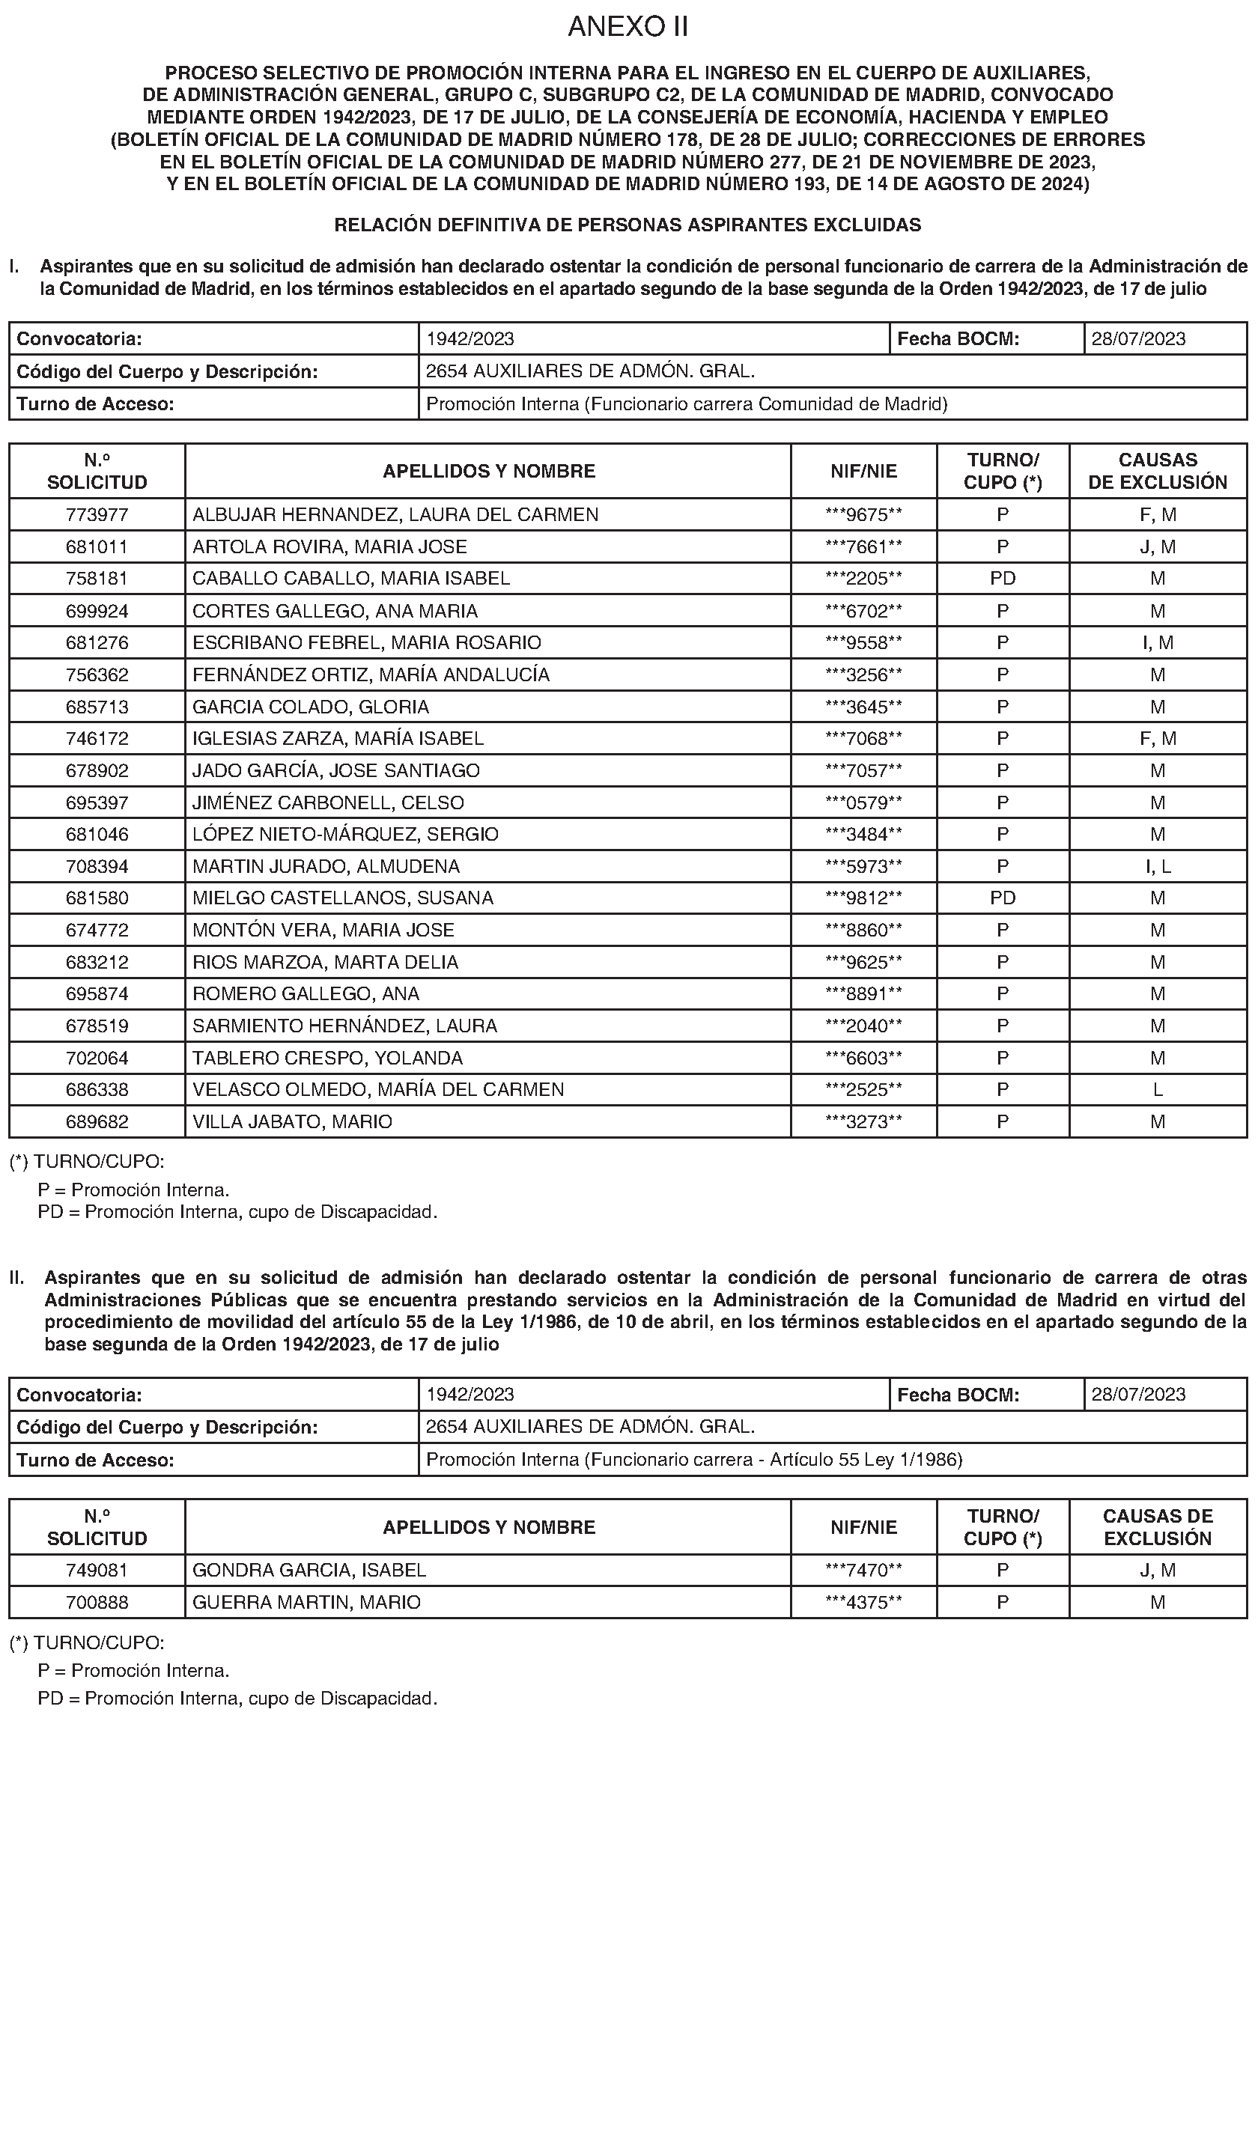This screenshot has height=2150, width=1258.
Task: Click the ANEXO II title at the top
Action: [x=628, y=27]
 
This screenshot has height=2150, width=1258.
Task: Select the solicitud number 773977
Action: [x=97, y=514]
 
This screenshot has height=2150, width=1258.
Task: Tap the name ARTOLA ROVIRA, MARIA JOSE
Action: [x=329, y=547]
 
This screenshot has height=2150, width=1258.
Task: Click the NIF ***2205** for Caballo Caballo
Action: [x=863, y=579]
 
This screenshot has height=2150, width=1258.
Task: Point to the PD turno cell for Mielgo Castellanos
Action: [x=1003, y=898]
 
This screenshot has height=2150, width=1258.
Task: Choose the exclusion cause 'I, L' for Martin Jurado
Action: [x=1158, y=867]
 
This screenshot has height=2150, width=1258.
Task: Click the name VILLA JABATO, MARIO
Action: [x=292, y=1122]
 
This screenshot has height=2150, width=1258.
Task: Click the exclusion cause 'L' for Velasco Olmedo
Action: [x=1158, y=1089]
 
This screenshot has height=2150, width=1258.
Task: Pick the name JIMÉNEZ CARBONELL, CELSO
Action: [x=328, y=803]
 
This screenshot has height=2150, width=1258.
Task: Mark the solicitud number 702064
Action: [x=97, y=1058]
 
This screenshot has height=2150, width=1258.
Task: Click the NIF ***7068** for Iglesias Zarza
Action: [x=863, y=739]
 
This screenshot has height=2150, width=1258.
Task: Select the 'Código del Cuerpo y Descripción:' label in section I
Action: [x=167, y=371]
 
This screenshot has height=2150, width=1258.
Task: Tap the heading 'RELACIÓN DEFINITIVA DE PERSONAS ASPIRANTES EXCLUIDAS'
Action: [x=628, y=225]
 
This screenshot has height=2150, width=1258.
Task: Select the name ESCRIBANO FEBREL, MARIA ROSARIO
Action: [x=366, y=642]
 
